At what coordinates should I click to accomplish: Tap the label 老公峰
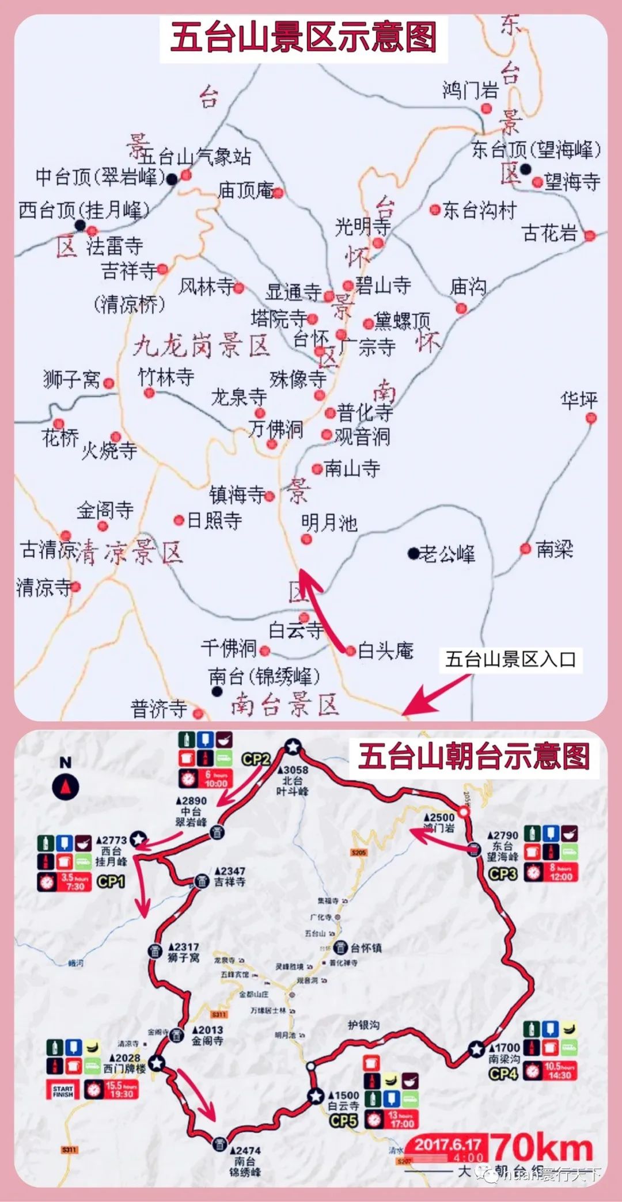447,554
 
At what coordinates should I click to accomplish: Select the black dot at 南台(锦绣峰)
217,691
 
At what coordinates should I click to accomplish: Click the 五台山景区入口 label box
510,659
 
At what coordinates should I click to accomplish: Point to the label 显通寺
293,292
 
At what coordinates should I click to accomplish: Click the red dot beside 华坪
590,419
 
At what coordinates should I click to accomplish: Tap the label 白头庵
385,651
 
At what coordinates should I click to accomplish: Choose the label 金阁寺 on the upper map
105,509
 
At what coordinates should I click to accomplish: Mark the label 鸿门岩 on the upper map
470,90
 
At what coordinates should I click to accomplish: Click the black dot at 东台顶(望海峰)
525,169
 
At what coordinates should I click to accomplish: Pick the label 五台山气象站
194,156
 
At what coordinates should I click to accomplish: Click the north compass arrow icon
66,786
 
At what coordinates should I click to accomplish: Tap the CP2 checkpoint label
255,759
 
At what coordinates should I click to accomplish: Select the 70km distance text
543,1148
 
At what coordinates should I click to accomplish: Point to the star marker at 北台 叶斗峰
293,747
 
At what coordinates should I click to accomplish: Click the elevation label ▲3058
293,770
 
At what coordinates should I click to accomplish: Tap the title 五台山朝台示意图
473,756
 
